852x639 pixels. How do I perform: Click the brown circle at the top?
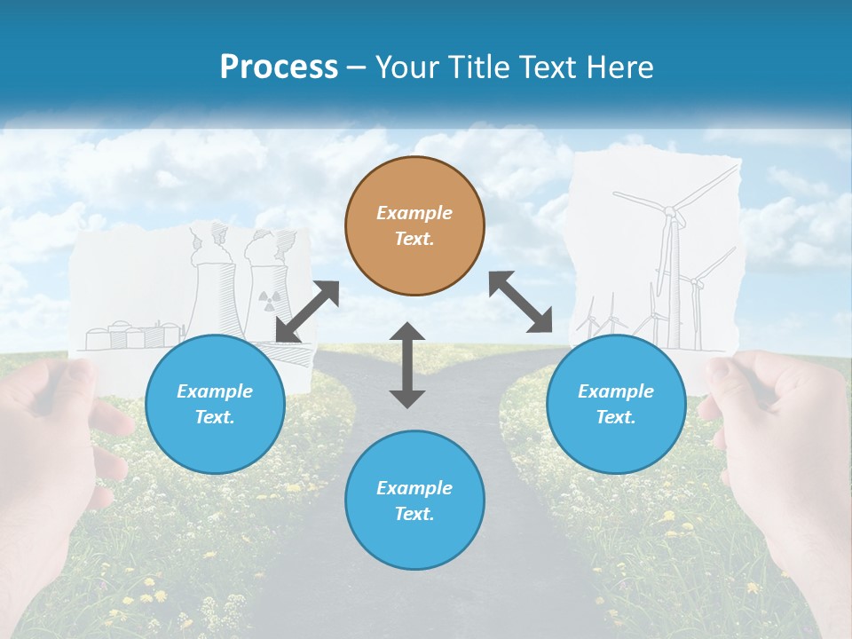coord(414,226)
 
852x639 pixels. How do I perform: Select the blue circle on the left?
coord(215,404)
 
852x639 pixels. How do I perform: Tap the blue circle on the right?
coord(616,404)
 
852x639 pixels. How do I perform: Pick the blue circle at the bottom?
coord(414,501)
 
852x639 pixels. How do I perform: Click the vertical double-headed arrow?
coord(407,366)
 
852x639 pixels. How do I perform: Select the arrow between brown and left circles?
coord(308,312)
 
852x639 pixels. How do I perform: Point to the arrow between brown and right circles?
coord(520,302)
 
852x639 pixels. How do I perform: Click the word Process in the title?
coord(279,67)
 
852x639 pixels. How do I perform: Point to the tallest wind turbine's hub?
coord(669,211)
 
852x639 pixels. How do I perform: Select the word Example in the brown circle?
coord(414,213)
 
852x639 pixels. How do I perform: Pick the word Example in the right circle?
coord(616,391)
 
